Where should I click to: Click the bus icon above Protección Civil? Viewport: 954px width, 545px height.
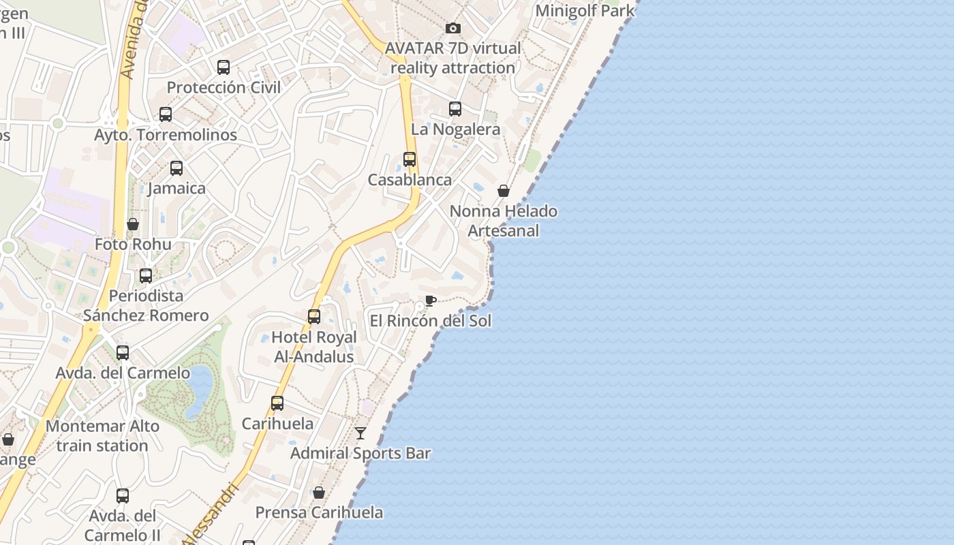(224, 67)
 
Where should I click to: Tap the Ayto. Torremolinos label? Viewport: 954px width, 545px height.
(166, 135)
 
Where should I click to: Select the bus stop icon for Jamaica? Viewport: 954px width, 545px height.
(176, 168)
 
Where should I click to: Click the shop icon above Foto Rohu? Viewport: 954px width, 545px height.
(133, 224)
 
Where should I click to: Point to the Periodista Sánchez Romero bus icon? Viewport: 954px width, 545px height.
(146, 276)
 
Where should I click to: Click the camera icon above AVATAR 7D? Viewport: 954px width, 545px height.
(452, 28)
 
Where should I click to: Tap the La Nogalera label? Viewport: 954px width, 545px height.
(455, 129)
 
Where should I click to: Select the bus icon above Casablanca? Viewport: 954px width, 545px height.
(410, 159)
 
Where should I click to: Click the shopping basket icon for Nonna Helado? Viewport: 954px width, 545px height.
(504, 191)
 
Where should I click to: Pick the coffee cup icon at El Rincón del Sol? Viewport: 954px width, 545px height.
(430, 300)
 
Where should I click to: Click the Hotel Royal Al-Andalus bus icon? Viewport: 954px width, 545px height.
(314, 317)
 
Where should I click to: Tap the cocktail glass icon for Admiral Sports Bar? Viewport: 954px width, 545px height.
(360, 433)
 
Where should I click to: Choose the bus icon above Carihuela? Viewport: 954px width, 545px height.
(277, 403)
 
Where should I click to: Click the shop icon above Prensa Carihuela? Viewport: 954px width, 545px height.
(318, 493)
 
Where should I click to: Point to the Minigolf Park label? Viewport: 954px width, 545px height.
(585, 11)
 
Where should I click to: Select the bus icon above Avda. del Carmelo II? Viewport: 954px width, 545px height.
(123, 496)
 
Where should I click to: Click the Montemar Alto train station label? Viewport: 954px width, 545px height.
(102, 436)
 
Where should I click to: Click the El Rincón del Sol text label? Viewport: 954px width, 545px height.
(430, 321)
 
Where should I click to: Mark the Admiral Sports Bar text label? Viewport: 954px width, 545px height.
(360, 453)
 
